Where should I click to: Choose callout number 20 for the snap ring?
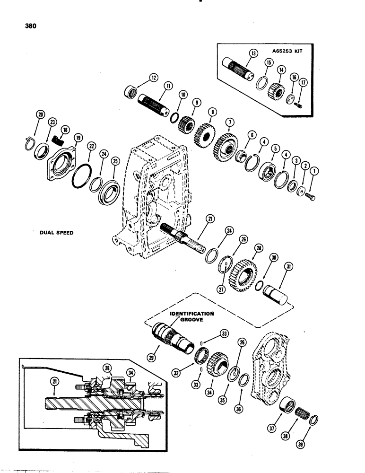click(40, 114)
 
